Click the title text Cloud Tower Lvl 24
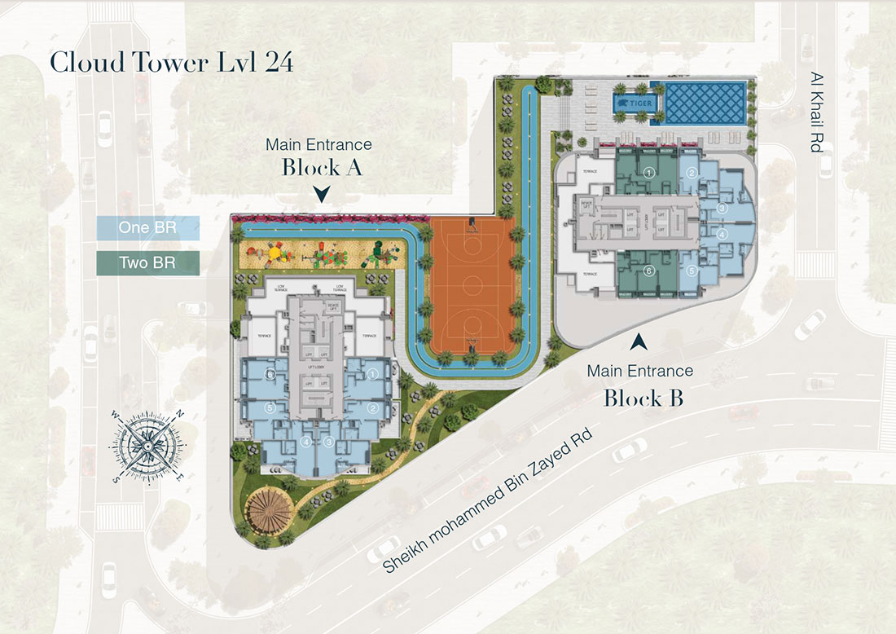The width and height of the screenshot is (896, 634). click(x=171, y=63)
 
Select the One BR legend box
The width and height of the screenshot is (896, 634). click(x=147, y=227)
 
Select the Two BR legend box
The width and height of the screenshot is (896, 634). click(x=147, y=262)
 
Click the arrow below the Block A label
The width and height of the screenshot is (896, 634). click(x=323, y=195)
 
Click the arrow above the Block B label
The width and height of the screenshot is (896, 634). click(x=642, y=340)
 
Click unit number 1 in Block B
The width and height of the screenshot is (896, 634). click(x=649, y=173)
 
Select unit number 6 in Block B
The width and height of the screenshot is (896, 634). click(x=649, y=271)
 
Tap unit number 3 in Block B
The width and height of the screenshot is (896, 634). click(x=722, y=209)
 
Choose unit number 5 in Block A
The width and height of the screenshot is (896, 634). click(x=270, y=407)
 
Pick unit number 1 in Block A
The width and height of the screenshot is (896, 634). click(x=372, y=374)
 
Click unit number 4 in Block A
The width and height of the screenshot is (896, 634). click(x=306, y=442)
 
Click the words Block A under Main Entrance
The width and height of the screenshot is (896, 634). click(x=322, y=168)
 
